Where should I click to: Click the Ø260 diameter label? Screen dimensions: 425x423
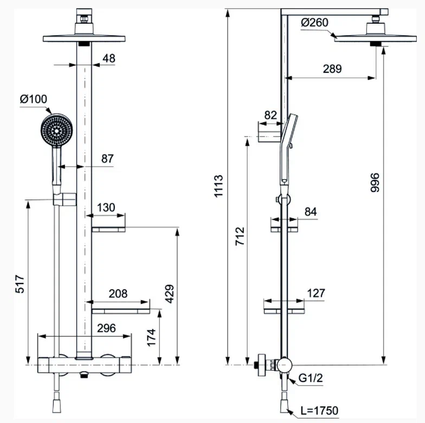[314, 23]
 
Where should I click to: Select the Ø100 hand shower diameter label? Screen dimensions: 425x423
[34, 99]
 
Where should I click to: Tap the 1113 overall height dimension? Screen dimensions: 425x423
[218, 186]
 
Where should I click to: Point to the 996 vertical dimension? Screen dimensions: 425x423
[375, 183]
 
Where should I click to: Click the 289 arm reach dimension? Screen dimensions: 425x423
[332, 69]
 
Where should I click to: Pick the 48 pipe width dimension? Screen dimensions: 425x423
[109, 58]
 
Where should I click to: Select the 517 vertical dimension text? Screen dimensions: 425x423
[20, 284]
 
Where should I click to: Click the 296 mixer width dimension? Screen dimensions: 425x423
[106, 328]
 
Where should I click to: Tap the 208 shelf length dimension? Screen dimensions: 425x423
[118, 293]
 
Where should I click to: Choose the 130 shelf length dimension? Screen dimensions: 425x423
[106, 208]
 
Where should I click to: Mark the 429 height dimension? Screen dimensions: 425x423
[169, 294]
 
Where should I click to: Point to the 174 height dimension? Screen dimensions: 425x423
[151, 338]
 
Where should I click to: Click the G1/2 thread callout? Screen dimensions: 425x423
[311, 378]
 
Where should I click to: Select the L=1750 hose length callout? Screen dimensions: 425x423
[319, 411]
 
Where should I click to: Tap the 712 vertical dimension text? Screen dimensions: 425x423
[240, 236]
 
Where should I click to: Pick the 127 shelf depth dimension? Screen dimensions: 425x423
[316, 293]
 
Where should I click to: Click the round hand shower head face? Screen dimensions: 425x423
[56, 131]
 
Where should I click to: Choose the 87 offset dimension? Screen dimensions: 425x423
[107, 158]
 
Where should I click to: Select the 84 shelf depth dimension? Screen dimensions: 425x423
[311, 212]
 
